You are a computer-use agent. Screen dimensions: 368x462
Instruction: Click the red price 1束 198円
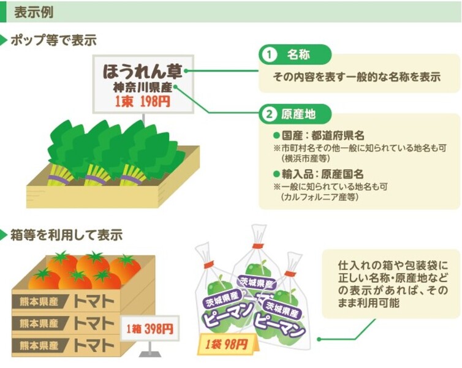click(x=142, y=102)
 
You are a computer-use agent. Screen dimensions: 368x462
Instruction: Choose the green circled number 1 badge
click(x=268, y=55)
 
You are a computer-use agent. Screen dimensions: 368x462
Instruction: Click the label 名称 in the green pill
click(x=298, y=55)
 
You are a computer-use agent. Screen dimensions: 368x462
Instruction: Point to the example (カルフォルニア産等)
click(x=320, y=197)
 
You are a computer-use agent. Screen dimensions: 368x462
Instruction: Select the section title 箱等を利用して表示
click(x=66, y=235)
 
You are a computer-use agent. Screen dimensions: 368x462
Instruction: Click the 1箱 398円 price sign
click(x=150, y=329)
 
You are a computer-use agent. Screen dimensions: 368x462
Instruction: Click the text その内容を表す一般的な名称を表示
click(x=358, y=78)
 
